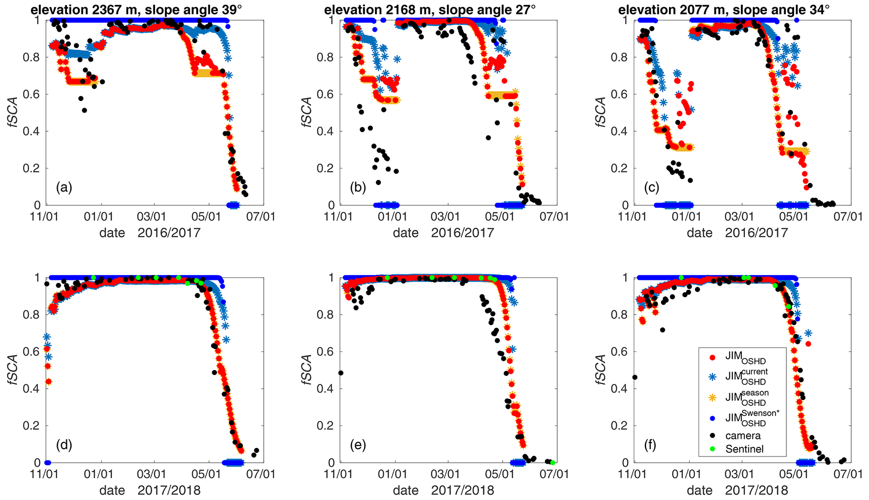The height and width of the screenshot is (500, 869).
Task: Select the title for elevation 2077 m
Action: tap(724, 9)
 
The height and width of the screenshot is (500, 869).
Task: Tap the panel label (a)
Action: tap(64, 187)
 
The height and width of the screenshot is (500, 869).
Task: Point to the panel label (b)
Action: tap(358, 187)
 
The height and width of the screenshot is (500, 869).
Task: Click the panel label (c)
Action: tap(652, 187)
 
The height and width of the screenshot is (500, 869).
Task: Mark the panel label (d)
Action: tap(64, 445)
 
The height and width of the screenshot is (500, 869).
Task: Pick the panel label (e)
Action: tap(358, 445)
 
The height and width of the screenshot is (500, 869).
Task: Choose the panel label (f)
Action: tap(650, 445)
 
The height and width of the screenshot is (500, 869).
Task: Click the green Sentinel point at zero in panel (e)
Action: tap(553, 463)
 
